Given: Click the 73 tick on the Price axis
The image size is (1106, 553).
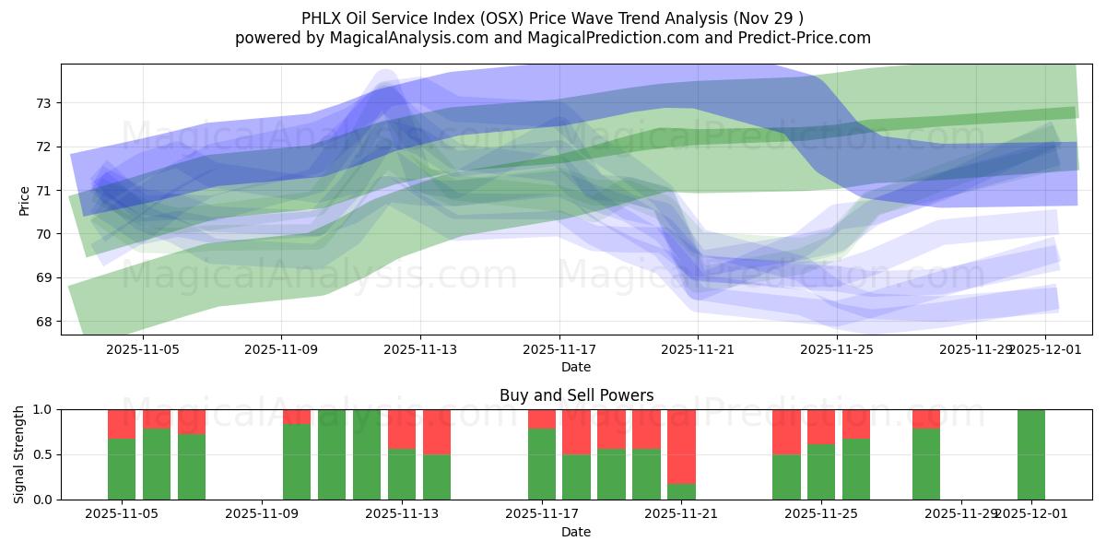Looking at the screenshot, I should tap(44, 103).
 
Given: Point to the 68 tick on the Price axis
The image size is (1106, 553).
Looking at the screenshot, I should tap(44, 322).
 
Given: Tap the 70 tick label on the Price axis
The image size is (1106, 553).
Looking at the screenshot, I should tap(44, 234).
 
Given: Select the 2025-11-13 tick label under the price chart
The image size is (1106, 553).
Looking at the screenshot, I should tap(420, 350).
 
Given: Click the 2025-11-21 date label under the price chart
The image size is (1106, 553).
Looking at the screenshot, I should tap(698, 350).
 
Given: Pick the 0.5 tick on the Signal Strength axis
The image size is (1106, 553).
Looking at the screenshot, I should tap(44, 455).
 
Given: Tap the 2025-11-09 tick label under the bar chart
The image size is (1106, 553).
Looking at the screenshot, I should tap(263, 514).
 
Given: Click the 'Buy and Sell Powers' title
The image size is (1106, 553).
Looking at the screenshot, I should tap(576, 395).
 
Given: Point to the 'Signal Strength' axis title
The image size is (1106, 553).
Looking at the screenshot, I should tap(19, 454).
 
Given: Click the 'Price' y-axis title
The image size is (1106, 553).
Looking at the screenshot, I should tap(24, 200).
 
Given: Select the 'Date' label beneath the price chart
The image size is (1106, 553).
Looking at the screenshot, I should tap(576, 367).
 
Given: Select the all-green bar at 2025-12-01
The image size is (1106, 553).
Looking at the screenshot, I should tap(1031, 454).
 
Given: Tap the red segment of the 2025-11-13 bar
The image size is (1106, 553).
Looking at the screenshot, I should tap(402, 429).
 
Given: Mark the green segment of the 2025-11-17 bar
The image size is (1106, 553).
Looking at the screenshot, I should tap(542, 465).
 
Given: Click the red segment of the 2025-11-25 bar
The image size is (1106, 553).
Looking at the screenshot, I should tap(821, 427).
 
